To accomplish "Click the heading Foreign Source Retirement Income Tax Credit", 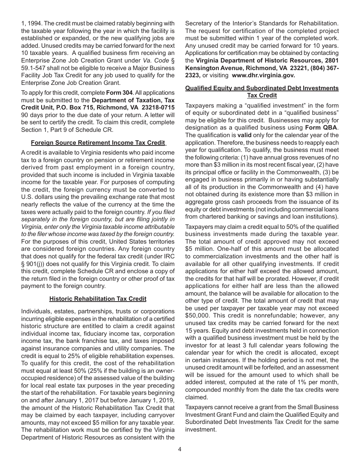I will [x=98, y=143].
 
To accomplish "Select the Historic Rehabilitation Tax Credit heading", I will [x=98, y=299].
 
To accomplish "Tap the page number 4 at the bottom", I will [x=180, y=449].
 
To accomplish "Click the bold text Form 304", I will [x=119, y=93].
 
